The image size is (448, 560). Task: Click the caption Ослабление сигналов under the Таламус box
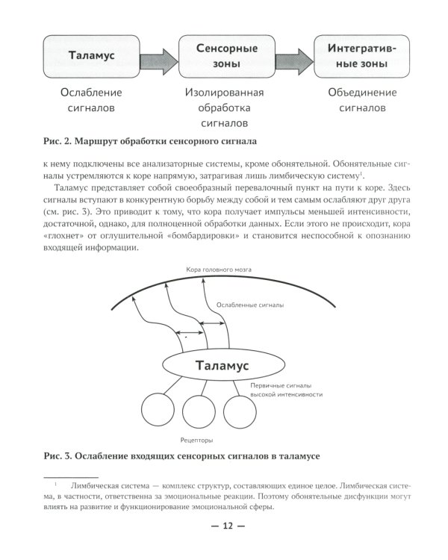click(90, 100)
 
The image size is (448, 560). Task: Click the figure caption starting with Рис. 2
click(150, 140)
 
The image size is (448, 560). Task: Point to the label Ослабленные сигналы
click(249, 305)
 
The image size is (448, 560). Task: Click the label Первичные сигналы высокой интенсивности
click(287, 388)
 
